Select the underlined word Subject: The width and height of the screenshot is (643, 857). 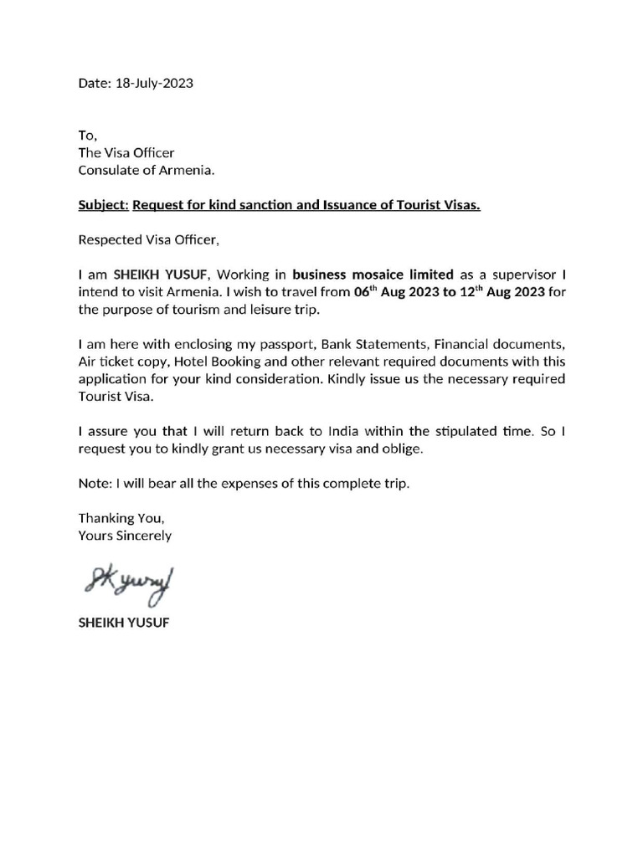(103, 205)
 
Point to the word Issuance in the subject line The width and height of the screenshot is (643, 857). (352, 205)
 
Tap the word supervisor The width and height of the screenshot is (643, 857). (524, 275)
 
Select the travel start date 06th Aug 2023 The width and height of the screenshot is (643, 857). (399, 292)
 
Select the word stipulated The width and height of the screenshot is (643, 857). (466, 431)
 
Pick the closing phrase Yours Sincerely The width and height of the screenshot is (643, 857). (125, 536)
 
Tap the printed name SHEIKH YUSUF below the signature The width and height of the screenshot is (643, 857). (123, 624)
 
